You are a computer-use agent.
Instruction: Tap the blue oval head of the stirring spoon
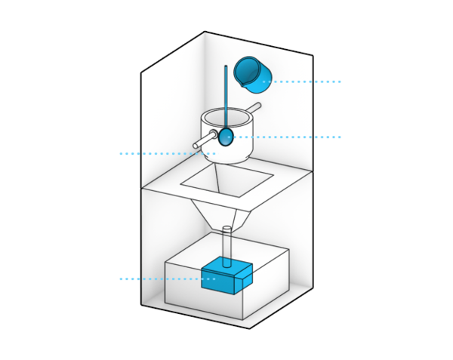pos(226,136)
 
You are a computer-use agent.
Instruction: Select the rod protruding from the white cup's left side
pos(204,140)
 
